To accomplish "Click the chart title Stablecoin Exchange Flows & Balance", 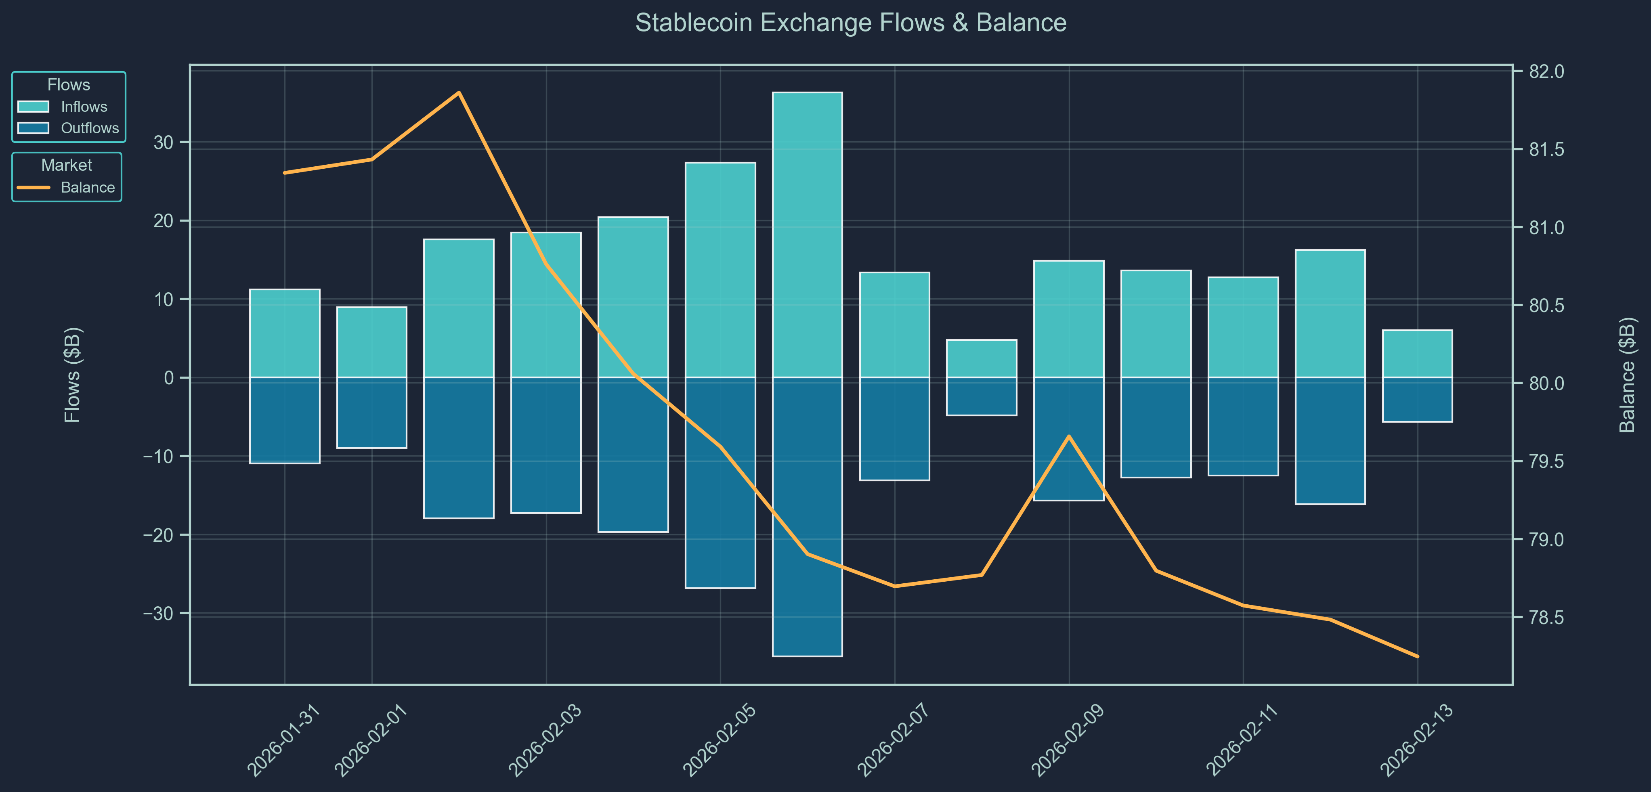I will click(850, 23).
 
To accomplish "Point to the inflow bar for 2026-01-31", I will click(285, 333).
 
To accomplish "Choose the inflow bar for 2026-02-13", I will click(1417, 354).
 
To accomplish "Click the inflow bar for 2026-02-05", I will click(720, 270).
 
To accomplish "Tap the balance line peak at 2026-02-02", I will click(459, 92).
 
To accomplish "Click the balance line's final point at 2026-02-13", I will click(1417, 656).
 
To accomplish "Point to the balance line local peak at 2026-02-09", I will click(1068, 436).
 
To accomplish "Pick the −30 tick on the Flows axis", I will click(158, 613).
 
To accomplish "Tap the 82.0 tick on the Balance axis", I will click(1546, 71).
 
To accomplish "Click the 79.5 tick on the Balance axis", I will click(1546, 461).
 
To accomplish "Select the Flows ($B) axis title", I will click(72, 375).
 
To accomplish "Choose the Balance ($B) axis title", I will click(1627, 375).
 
